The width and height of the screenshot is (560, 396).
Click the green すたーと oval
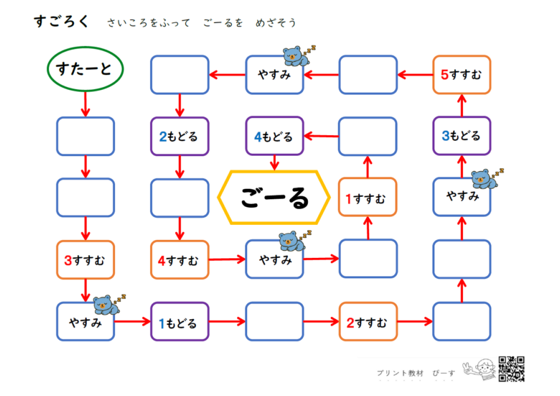click(85, 69)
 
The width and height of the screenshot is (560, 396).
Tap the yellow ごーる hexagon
click(274, 198)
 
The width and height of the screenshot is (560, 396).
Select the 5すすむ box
click(462, 75)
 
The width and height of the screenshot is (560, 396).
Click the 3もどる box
click(462, 136)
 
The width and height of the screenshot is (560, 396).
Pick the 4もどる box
click(274, 136)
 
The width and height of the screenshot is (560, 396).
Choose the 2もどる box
click(179, 136)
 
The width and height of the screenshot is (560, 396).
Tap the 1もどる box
click(179, 322)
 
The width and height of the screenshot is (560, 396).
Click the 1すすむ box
click(368, 198)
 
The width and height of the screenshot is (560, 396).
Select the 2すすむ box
click(368, 322)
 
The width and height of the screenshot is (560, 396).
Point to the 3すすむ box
click(85, 260)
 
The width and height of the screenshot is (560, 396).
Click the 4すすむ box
click(179, 260)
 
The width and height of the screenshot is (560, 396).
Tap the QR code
click(511, 369)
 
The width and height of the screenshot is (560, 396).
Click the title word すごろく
click(62, 22)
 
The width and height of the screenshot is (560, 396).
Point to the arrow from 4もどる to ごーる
click(274, 163)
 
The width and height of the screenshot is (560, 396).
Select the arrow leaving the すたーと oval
click(85, 104)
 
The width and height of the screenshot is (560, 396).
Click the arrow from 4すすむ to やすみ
click(227, 259)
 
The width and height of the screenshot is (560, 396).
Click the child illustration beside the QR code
click(480, 370)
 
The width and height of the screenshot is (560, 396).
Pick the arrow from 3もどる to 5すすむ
click(462, 106)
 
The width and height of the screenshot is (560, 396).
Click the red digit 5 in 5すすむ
click(444, 75)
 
